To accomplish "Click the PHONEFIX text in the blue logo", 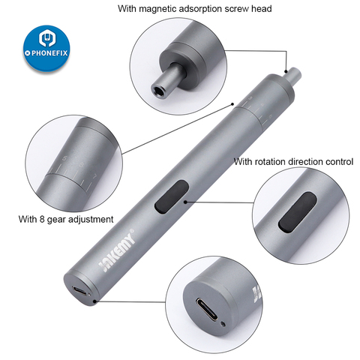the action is pyautogui.click(x=49, y=53).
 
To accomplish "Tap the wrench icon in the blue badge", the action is pyautogui.click(x=47, y=38).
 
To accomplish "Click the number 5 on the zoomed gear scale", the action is pyautogui.click(x=65, y=158).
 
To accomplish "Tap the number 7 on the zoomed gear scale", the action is pyautogui.click(x=94, y=176).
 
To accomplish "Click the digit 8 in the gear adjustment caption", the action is pyautogui.click(x=41, y=219).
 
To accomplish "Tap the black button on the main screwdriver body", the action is pyautogui.click(x=172, y=196).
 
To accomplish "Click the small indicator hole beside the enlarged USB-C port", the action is pyautogui.click(x=223, y=325).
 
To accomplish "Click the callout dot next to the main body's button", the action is pyautogui.click(x=185, y=202).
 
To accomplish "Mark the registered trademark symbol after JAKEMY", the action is pyautogui.click(x=133, y=230).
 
